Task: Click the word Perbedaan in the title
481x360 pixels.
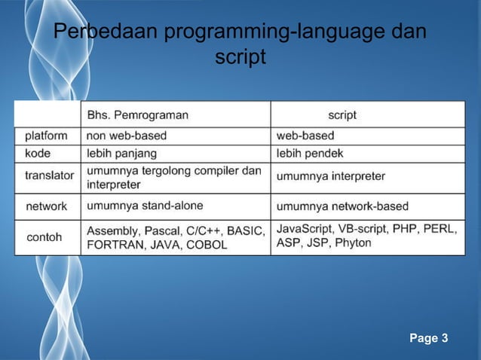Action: point(106,33)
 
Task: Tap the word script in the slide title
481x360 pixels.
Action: point(240,57)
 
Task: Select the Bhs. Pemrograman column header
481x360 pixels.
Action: point(138,115)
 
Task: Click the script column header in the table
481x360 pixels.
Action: point(342,115)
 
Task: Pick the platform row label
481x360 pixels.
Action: point(46,136)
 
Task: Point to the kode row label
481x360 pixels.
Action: point(38,153)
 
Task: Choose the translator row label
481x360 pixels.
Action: point(49,175)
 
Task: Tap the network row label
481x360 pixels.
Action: point(46,206)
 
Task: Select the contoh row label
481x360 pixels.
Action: point(44,236)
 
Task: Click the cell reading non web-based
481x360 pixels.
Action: point(127,136)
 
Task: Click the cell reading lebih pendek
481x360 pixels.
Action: point(310,153)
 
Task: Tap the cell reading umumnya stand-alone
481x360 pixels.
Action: point(145,205)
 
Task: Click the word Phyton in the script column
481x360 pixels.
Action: point(353,243)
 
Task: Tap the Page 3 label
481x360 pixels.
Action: point(428,338)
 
